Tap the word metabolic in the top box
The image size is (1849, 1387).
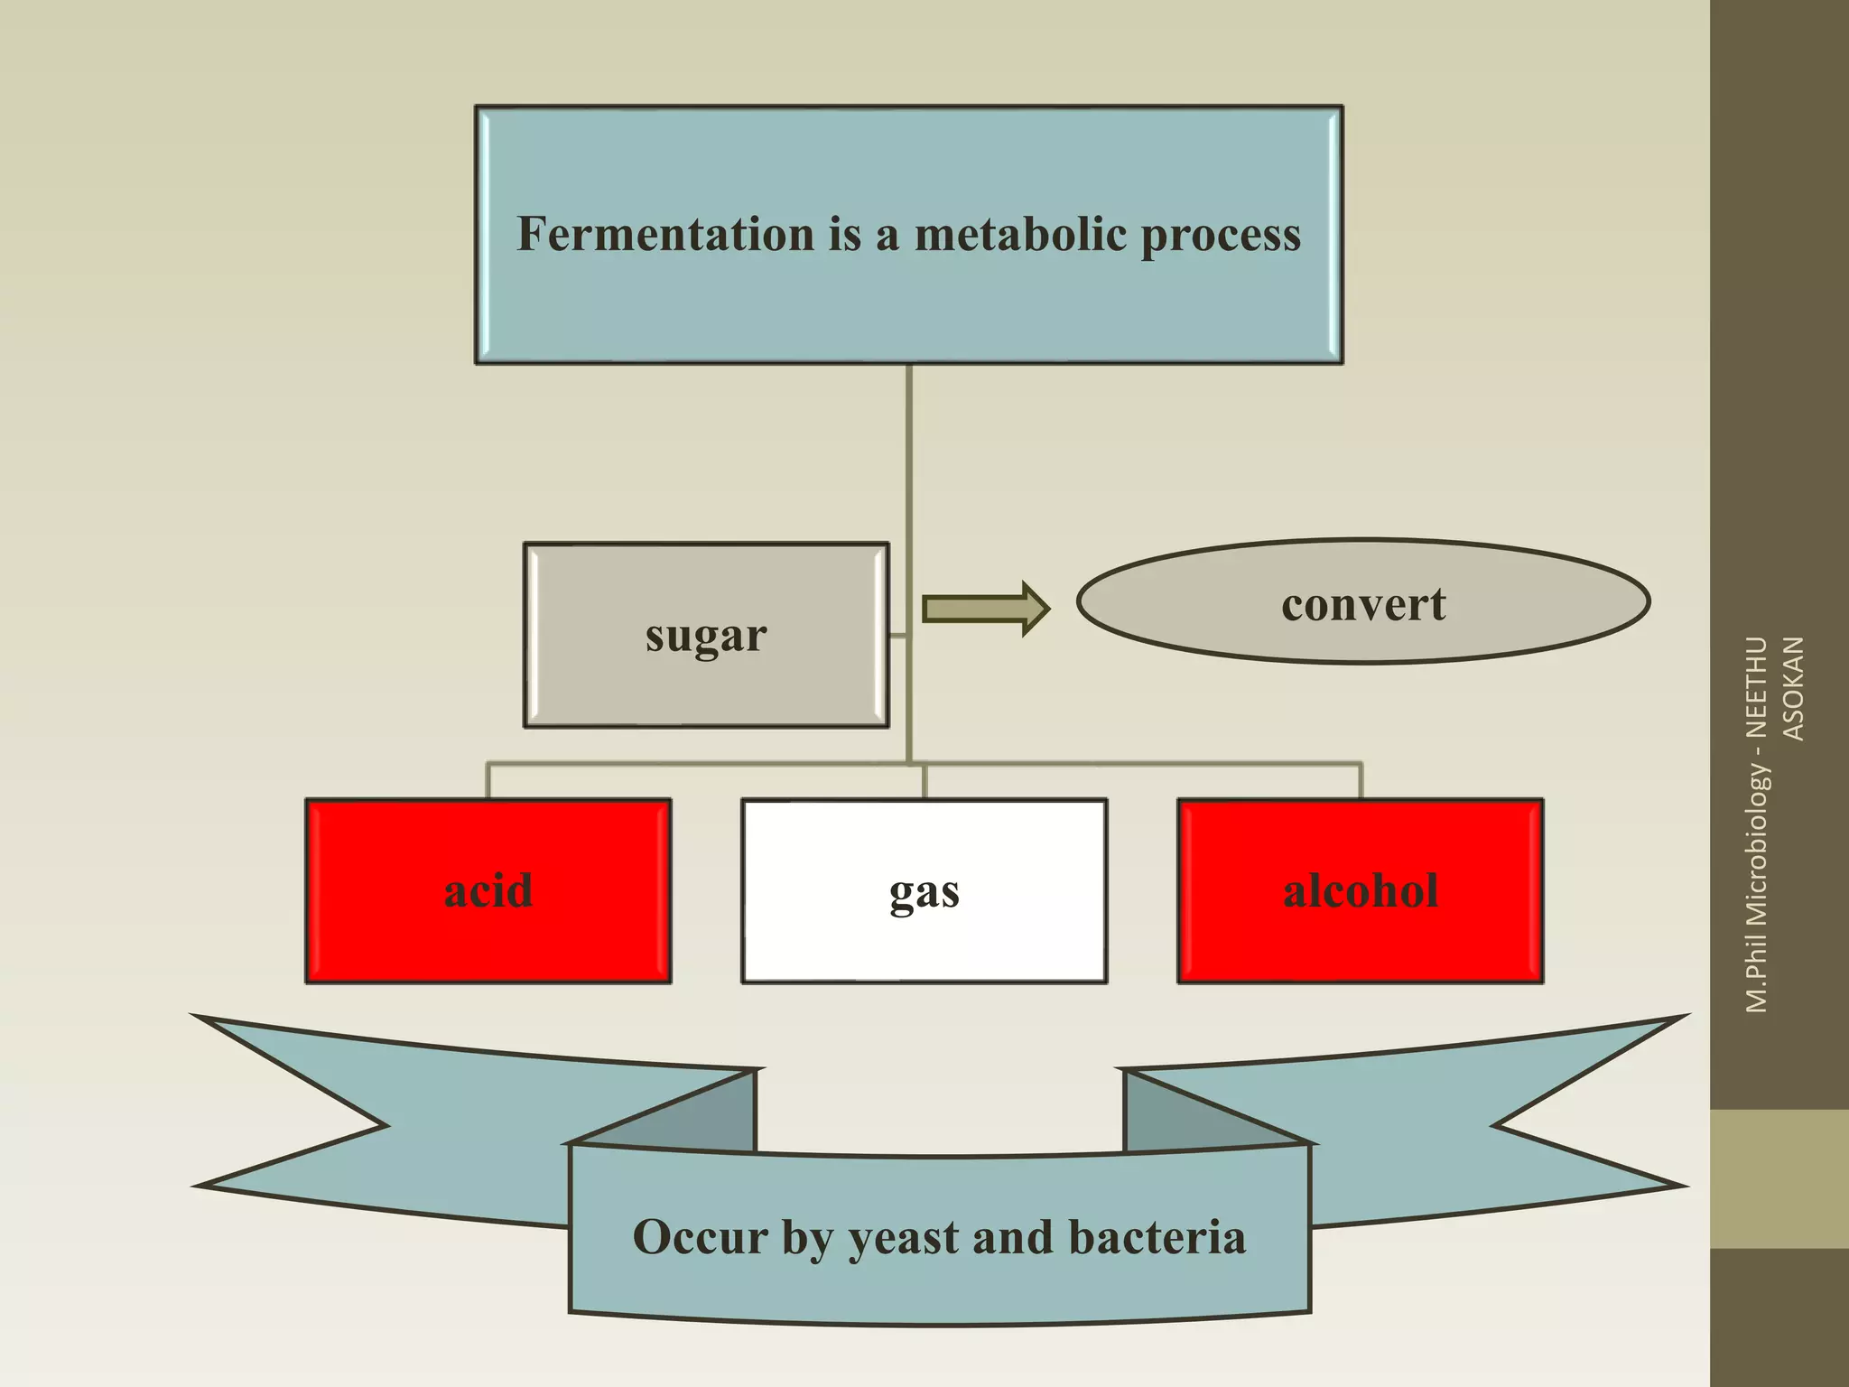coord(1020,234)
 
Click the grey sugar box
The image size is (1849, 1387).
coord(706,635)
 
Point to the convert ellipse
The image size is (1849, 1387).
coord(1363,602)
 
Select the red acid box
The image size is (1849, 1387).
coord(488,891)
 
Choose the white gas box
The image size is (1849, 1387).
coord(924,891)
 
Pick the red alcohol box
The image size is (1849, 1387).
coord(1361,891)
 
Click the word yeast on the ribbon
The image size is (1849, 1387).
coord(904,1238)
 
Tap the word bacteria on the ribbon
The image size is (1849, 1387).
coord(1157,1237)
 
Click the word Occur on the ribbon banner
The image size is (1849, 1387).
coord(699,1237)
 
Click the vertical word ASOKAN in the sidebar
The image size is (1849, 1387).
coord(1793,688)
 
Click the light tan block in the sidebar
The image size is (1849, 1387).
coord(1779,1178)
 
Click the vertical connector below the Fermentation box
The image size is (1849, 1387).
coord(909,451)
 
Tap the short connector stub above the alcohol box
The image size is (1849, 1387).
coord(1361,781)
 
